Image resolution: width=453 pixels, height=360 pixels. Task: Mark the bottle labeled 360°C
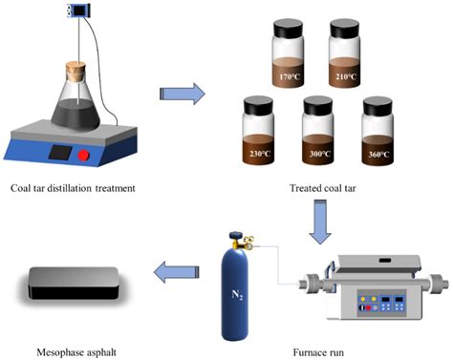pyautogui.click(x=379, y=129)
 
